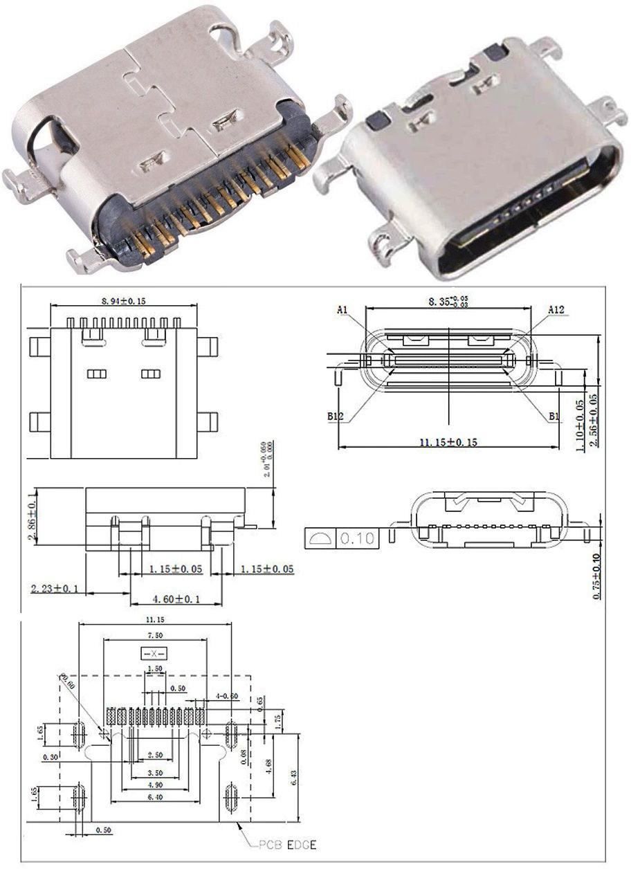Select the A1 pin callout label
342,311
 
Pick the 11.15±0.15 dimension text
449,441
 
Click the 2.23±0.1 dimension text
55,589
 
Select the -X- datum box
154,653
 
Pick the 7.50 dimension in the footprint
154,635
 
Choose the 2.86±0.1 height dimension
31,518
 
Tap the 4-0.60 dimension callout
226,695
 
